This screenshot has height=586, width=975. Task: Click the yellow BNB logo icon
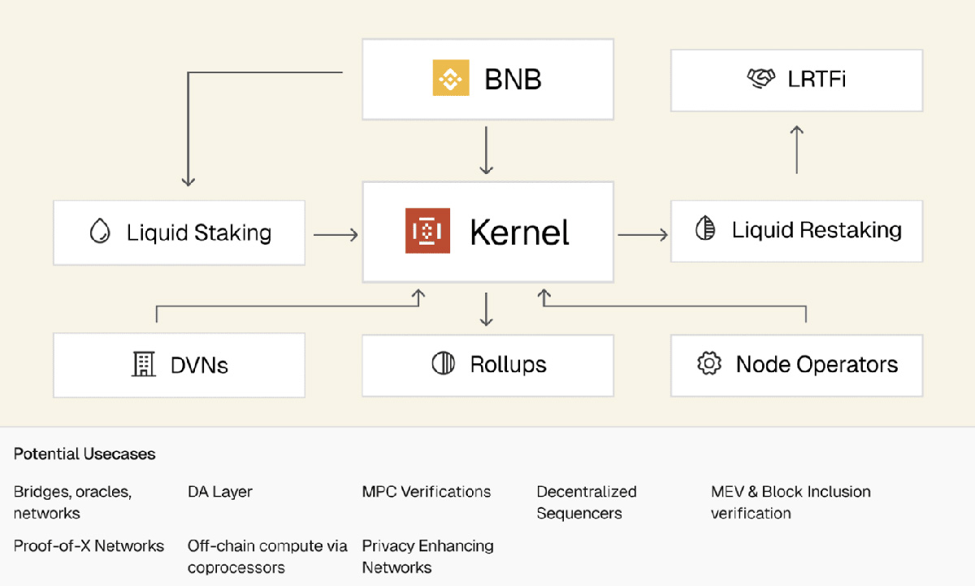pyautogui.click(x=450, y=78)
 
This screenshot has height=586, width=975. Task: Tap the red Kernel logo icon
pyautogui.click(x=427, y=232)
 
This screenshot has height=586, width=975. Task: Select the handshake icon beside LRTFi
pyautogui.click(x=760, y=78)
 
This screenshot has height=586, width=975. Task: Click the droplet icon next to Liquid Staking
pyautogui.click(x=100, y=232)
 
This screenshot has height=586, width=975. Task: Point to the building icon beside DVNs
pyautogui.click(x=143, y=364)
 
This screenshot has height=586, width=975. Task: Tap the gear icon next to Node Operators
pyautogui.click(x=709, y=363)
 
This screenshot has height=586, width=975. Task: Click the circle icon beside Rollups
pyautogui.click(x=444, y=363)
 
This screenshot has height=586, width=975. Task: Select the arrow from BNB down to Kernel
pyautogui.click(x=487, y=150)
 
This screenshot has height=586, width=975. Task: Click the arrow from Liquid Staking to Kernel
pyautogui.click(x=336, y=235)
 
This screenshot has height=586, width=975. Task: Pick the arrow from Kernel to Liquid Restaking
pyautogui.click(x=643, y=235)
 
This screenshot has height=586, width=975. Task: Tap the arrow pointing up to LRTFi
pyautogui.click(x=797, y=150)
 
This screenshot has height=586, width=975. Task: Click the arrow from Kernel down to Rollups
pyautogui.click(x=487, y=309)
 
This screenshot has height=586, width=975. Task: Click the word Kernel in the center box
pyautogui.click(x=519, y=232)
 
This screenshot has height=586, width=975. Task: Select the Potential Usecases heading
pyautogui.click(x=84, y=454)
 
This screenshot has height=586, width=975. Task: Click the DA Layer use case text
pyautogui.click(x=220, y=492)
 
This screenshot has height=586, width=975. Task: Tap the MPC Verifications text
pyautogui.click(x=427, y=492)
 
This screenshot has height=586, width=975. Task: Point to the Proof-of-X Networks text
pyautogui.click(x=89, y=545)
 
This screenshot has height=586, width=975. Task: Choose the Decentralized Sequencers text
pyautogui.click(x=586, y=502)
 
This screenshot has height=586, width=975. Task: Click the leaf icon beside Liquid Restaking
pyautogui.click(x=705, y=230)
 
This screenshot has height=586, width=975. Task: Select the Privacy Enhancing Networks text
pyautogui.click(x=427, y=556)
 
